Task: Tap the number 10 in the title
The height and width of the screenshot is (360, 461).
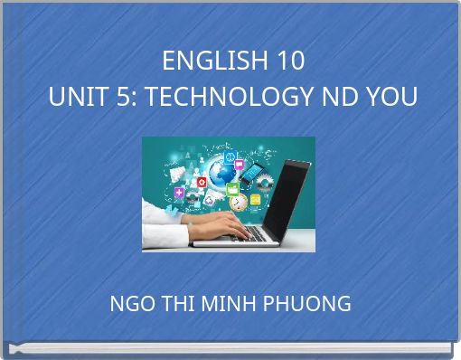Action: coord(291,62)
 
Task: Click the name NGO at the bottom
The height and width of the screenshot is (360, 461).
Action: coord(130,304)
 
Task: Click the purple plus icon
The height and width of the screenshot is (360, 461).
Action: coord(180,192)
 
